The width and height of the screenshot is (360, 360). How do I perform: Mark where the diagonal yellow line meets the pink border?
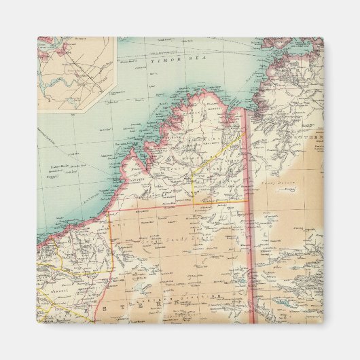click(x=246, y=132)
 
